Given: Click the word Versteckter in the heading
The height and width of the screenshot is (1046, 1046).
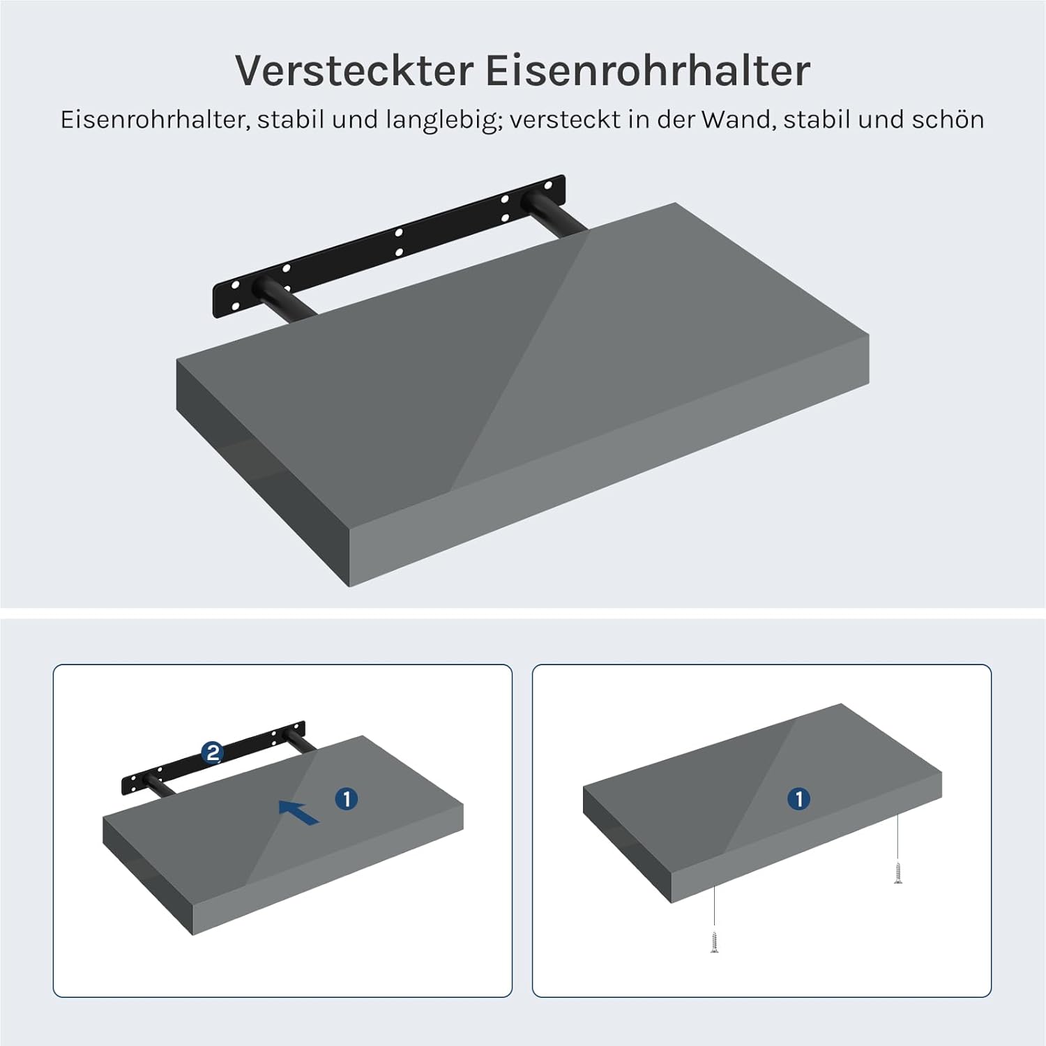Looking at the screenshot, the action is (354, 70).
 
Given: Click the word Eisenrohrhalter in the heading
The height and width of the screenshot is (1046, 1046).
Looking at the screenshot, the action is (648, 70).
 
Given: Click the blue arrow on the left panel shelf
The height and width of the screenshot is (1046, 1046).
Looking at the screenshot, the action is (298, 812).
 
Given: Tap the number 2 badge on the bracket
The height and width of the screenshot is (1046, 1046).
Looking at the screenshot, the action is (212, 752).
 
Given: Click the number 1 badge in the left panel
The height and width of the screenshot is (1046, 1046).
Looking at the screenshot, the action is (347, 798).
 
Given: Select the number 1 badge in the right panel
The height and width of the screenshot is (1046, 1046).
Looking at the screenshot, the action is (799, 798).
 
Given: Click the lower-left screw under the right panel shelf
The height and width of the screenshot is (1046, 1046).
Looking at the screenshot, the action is (715, 942).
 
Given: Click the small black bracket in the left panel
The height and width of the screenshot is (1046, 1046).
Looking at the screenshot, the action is (213, 760).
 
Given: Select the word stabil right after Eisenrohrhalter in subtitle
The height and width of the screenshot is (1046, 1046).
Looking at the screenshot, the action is (290, 119).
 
